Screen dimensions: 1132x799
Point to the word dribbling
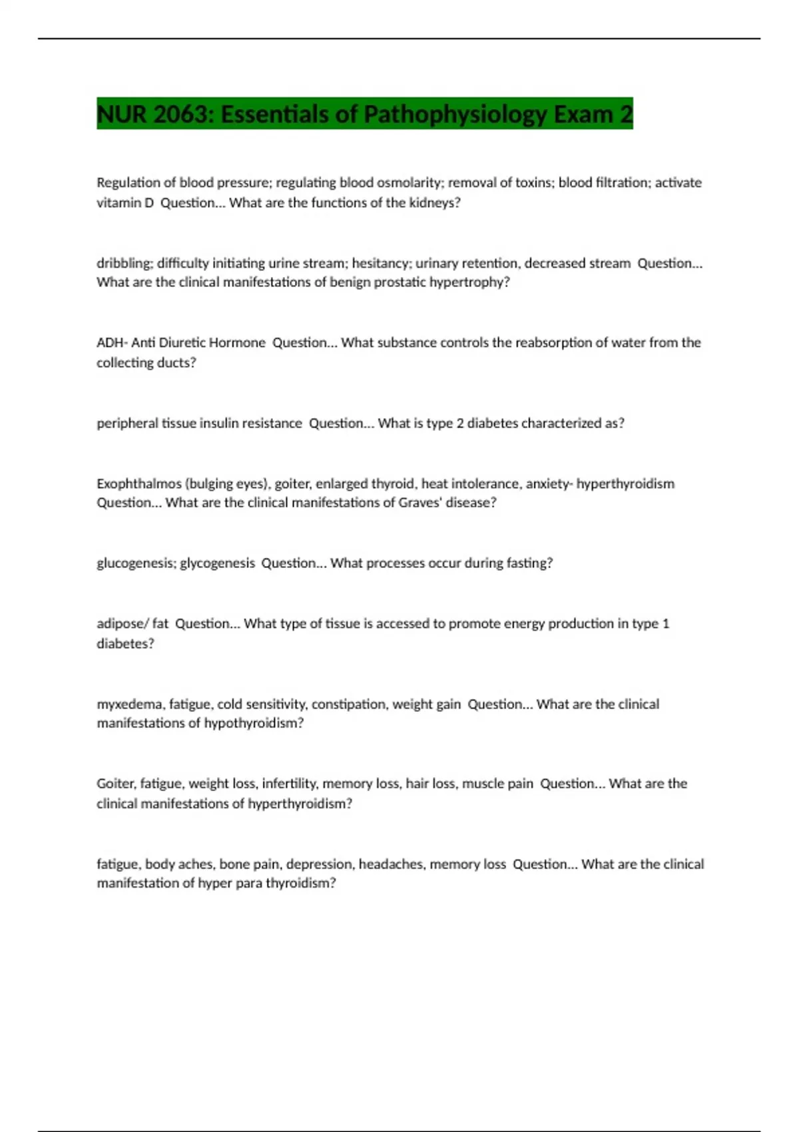[x=123, y=263]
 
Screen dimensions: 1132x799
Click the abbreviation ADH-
[x=112, y=342]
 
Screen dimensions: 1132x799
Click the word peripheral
[x=127, y=424]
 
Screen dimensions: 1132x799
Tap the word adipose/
[x=123, y=624]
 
